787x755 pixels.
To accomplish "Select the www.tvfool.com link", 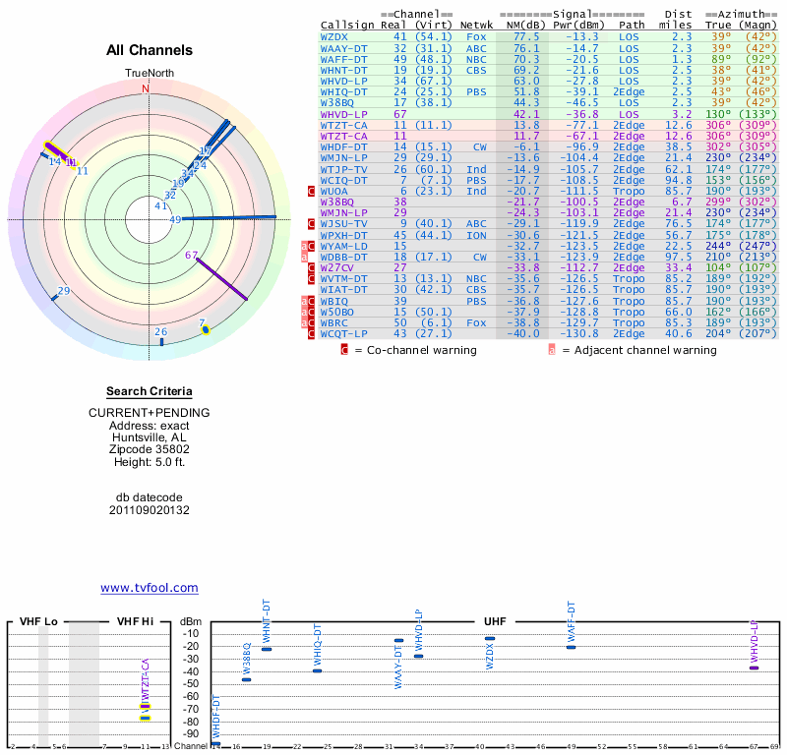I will pyautogui.click(x=150, y=588).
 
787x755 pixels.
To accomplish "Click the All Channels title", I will pyautogui.click(x=150, y=50).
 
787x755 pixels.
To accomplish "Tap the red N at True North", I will pyautogui.click(x=147, y=88).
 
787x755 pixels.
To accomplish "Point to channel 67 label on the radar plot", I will pyautogui.click(x=192, y=255).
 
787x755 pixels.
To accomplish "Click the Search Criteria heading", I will pyautogui.click(x=150, y=391).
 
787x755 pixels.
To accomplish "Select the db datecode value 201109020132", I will pyautogui.click(x=150, y=510).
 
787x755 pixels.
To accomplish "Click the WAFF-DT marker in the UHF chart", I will pyautogui.click(x=571, y=647).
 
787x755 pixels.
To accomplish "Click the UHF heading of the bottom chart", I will pyautogui.click(x=495, y=622).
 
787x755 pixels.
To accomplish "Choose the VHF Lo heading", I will pyautogui.click(x=39, y=622).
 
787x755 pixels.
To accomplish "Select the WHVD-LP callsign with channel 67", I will pyautogui.click(x=343, y=114).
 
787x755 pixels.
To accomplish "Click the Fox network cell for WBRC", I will pyautogui.click(x=476, y=321).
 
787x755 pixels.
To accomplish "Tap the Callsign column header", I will pyautogui.click(x=347, y=25).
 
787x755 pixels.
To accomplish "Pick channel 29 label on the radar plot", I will pyautogui.click(x=64, y=291).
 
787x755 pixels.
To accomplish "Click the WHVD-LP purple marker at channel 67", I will pyautogui.click(x=755, y=668).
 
